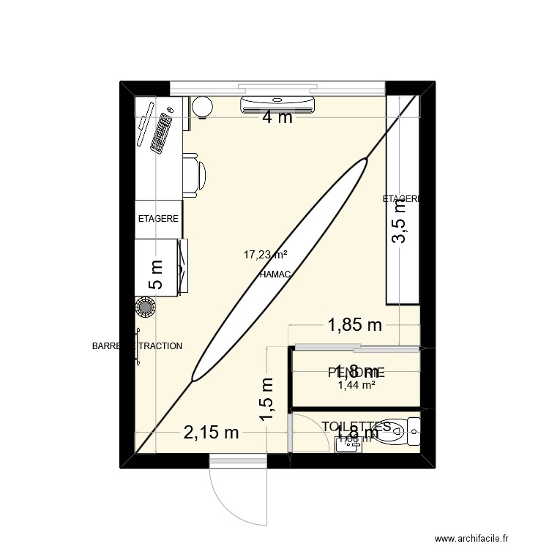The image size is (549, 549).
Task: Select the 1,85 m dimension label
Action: coord(354,324)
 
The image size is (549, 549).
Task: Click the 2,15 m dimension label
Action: coord(211,433)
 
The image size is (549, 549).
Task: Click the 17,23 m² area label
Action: coord(265,255)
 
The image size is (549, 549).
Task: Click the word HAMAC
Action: coord(275,274)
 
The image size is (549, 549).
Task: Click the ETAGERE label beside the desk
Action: coord(159,218)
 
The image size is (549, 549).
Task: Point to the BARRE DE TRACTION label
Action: coord(137,346)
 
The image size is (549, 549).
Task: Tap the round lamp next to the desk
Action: coord(202,107)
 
